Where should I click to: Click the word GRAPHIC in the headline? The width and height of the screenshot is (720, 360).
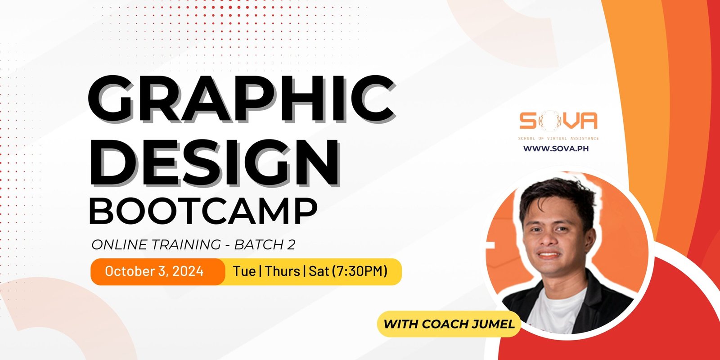[242, 99]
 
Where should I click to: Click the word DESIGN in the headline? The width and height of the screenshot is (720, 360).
[215, 163]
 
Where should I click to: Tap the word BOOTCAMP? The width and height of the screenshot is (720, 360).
[203, 211]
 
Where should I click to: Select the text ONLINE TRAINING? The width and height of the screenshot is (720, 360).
[156, 245]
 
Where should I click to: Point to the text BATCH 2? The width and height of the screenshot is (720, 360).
[265, 245]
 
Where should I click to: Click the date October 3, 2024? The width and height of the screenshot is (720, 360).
[154, 271]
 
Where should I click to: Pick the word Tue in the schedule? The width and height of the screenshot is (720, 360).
[244, 271]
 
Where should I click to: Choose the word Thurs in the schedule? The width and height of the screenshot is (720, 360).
[283, 271]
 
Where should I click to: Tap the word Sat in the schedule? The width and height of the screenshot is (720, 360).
[319, 271]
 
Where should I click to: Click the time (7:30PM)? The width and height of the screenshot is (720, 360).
[360, 271]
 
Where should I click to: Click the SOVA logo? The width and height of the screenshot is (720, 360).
[558, 121]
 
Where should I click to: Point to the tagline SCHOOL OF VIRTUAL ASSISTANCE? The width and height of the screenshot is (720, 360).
[558, 139]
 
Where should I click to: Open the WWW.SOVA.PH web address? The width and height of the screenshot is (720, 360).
[556, 148]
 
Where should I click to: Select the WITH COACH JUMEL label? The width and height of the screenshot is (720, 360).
[449, 324]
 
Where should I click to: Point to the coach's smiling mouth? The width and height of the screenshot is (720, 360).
[549, 255]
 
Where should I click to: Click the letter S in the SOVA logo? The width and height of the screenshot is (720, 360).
[528, 121]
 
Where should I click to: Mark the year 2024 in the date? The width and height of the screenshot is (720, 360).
[188, 271]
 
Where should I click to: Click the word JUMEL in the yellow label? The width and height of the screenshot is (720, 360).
[493, 324]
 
